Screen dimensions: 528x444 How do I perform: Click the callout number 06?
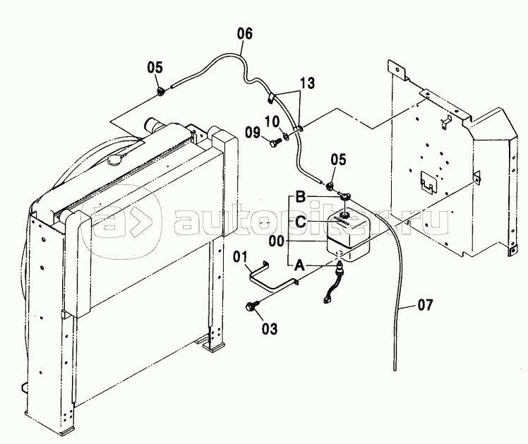(x=244, y=34)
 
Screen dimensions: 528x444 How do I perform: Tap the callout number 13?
(x=308, y=83)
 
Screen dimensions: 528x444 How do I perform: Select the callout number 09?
(x=253, y=133)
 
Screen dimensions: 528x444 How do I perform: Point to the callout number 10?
(x=272, y=121)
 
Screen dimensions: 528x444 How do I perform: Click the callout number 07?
(x=425, y=305)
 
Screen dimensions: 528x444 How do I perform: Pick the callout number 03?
(x=270, y=328)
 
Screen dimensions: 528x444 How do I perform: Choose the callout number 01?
(x=241, y=257)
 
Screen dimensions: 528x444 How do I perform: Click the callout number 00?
(x=277, y=241)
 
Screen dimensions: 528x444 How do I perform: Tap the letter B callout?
(x=301, y=197)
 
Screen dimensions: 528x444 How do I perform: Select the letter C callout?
(x=301, y=222)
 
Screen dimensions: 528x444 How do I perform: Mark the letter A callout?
(x=299, y=266)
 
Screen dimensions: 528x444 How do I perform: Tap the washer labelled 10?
(x=287, y=137)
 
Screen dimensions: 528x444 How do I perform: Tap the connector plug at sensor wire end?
(x=326, y=299)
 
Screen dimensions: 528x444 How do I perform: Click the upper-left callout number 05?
(x=155, y=67)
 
